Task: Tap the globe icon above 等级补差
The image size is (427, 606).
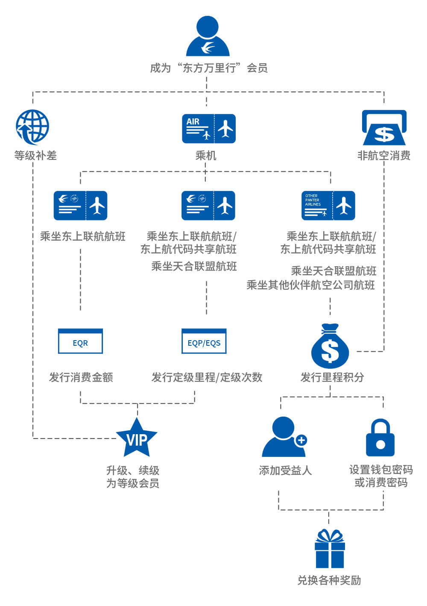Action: (32, 127)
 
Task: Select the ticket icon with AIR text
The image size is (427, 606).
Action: (209, 129)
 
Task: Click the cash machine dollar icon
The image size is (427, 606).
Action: (384, 128)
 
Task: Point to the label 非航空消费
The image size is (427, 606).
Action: (384, 156)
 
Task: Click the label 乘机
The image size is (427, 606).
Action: (206, 156)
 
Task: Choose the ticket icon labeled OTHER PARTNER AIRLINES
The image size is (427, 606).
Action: (328, 206)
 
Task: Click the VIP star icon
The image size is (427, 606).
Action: (137, 438)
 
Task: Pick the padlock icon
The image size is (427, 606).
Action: (380, 438)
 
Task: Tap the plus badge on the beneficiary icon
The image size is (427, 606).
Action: (301, 440)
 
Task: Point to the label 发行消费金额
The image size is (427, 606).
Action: (81, 377)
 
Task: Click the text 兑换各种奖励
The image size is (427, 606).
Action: (329, 580)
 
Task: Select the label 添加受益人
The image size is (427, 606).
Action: (285, 471)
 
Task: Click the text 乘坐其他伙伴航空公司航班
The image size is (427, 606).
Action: (311, 285)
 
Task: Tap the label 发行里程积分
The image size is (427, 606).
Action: (332, 377)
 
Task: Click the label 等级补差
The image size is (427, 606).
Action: (35, 156)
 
